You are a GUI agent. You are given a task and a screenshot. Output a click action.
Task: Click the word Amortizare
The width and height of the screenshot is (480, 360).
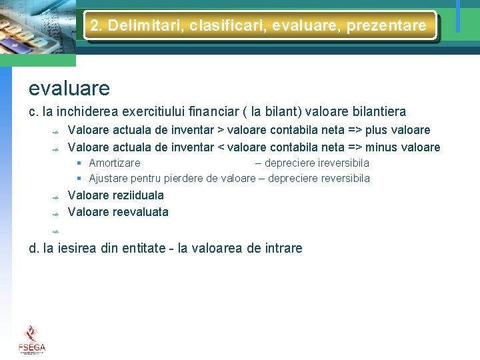[115, 163]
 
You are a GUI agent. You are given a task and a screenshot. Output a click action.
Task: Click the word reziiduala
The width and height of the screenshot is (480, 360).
[138, 195]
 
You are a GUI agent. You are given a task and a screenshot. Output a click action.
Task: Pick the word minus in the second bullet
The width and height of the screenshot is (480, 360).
[383, 147]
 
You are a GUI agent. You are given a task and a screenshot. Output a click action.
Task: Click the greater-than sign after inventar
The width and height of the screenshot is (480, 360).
[220, 130]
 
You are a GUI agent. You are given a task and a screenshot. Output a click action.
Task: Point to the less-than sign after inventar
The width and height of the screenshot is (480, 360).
[220, 147]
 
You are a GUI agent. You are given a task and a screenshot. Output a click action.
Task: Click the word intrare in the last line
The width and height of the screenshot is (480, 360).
[283, 249]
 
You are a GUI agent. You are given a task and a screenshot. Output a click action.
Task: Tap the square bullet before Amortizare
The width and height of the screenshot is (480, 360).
[79, 163]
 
